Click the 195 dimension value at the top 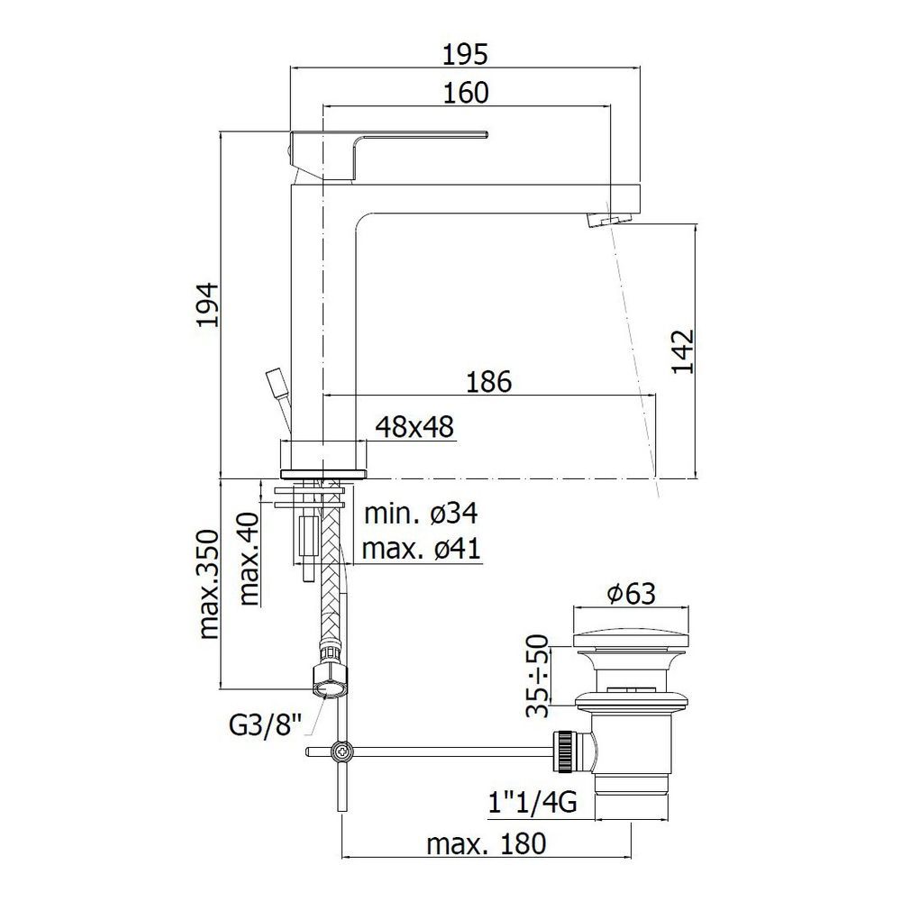(466, 55)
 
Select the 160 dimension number (466, 93)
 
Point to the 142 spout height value (683, 351)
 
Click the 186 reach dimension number (488, 382)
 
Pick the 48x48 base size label (414, 427)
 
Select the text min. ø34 (421, 513)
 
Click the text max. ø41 (421, 550)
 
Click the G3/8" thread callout (266, 726)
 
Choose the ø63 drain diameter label (632, 594)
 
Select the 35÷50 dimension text (539, 677)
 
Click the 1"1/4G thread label (532, 804)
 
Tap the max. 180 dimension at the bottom (487, 844)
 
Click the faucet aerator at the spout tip (610, 220)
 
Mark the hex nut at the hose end (329, 680)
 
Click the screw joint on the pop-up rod (341, 751)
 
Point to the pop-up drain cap (631, 634)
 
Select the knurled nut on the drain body (563, 751)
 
